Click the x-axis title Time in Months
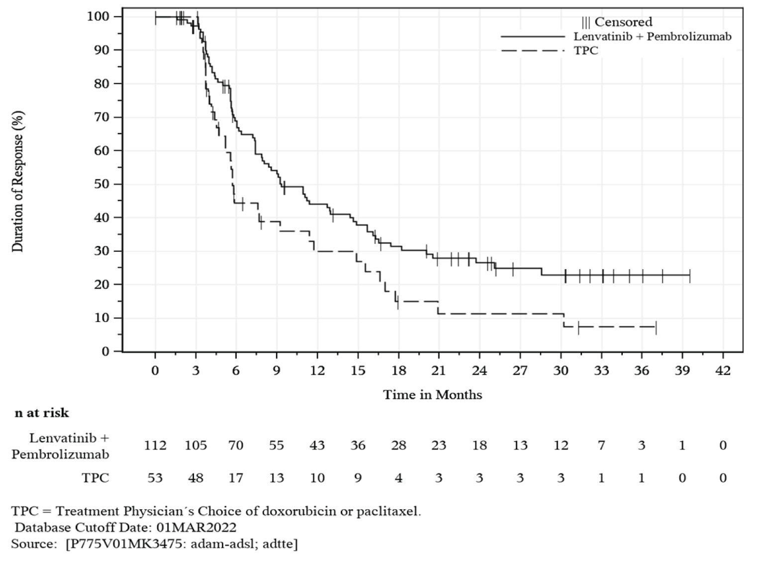[432, 395]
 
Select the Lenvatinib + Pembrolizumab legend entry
[652, 36]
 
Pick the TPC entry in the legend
[585, 51]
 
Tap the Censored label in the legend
[623, 22]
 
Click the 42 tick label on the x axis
[723, 371]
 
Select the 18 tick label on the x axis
[398, 371]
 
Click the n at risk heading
[42, 413]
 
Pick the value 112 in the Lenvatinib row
[155, 445]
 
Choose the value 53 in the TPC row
[155, 478]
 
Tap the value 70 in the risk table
[236, 445]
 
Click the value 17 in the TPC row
[236, 478]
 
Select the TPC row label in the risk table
[95, 478]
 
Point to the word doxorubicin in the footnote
[290, 511]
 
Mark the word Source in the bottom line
[33, 544]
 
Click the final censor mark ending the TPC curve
[656, 328]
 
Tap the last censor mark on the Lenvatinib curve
[689, 275]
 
